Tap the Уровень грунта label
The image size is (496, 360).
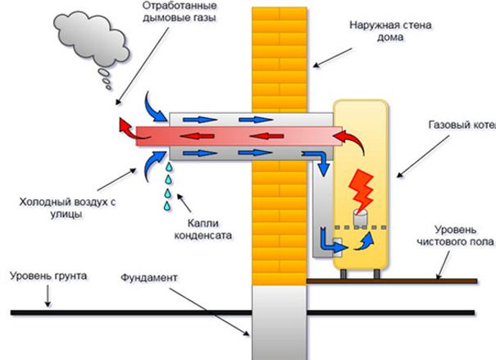[38, 276]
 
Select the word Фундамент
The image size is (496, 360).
[148, 278]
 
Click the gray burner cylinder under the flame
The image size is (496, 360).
[357, 217]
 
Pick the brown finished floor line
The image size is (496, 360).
[385, 280]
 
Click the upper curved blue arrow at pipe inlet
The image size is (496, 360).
[153, 106]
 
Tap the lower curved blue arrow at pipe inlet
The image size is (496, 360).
[152, 162]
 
